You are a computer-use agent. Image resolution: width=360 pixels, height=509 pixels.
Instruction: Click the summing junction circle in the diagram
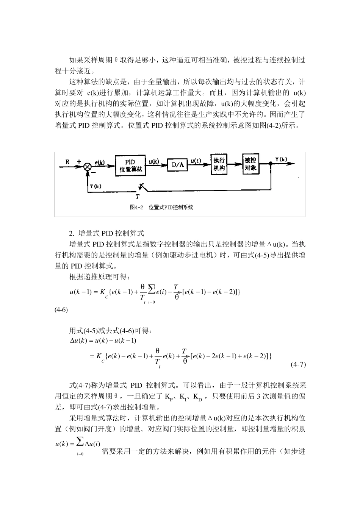pyautogui.click(x=88, y=166)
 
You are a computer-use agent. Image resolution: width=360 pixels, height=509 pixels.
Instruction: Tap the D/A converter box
pyautogui.click(x=178, y=165)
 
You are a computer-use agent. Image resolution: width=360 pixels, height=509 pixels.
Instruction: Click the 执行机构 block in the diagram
pyautogui.click(x=219, y=164)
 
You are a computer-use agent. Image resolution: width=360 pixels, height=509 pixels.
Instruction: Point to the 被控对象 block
pyautogui.click(x=250, y=164)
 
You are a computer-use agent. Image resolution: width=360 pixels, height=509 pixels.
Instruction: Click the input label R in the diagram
pyautogui.click(x=67, y=162)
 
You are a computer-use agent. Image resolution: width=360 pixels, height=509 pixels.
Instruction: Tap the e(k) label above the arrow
pyautogui.click(x=100, y=162)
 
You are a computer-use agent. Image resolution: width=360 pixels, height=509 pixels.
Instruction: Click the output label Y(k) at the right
pyautogui.click(x=281, y=159)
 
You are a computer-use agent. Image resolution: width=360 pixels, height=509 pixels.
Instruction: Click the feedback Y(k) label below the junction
pyautogui.click(x=95, y=186)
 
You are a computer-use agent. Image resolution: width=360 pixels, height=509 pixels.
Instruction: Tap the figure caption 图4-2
pyautogui.click(x=135, y=208)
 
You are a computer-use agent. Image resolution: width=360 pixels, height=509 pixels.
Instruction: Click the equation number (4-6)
pyautogui.click(x=61, y=310)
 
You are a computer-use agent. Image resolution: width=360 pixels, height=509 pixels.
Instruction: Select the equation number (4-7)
pyautogui.click(x=298, y=365)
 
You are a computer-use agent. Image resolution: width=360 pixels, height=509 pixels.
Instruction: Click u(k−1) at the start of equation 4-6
pyautogui.click(x=81, y=292)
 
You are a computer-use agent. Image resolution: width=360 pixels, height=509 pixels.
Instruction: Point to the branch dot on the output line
pyautogui.click(x=271, y=164)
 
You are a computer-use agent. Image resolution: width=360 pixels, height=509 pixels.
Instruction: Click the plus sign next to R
pyautogui.click(x=79, y=161)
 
